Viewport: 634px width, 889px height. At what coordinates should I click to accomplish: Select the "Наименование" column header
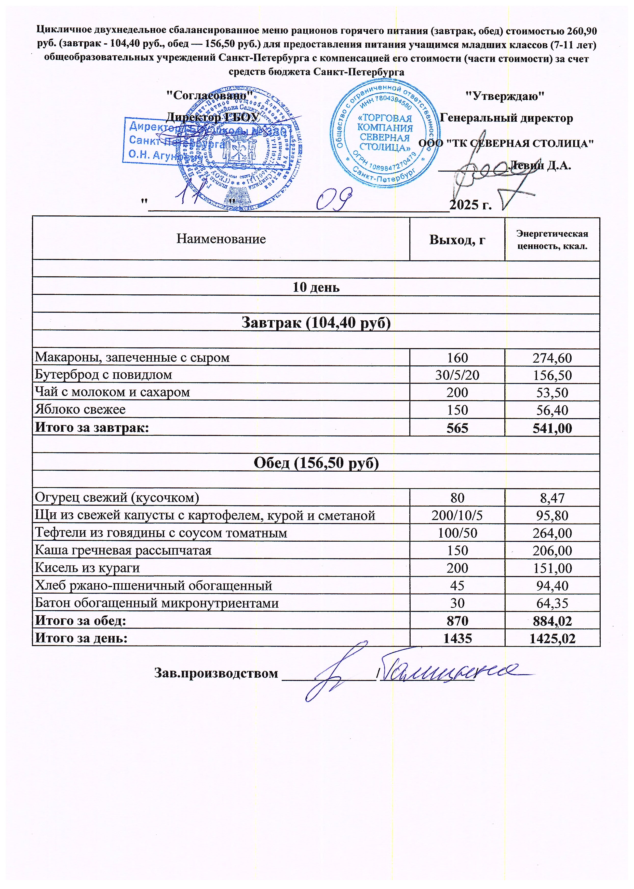(221, 239)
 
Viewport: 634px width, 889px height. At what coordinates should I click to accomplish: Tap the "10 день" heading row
(316, 287)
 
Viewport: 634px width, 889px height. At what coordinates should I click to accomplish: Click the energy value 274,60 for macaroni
(552, 358)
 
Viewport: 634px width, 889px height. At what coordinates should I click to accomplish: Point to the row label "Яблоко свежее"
(80, 409)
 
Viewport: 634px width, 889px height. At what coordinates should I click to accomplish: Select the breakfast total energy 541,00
(552, 428)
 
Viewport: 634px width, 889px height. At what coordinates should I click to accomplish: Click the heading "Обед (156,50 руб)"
(316, 463)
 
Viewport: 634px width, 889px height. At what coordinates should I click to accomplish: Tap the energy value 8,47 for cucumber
(552, 498)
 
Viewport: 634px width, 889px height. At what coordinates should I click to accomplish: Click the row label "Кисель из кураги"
(87, 568)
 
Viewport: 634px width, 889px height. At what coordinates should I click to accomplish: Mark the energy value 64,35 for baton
(552, 603)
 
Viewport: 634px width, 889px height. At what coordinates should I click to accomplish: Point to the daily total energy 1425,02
(552, 638)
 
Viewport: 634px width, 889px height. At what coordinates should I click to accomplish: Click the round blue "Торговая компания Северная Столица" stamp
(385, 133)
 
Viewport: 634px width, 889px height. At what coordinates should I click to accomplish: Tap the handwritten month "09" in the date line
(334, 200)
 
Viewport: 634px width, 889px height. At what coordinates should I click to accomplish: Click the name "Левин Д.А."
(541, 166)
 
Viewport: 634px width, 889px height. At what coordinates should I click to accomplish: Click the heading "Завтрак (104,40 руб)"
(316, 322)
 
